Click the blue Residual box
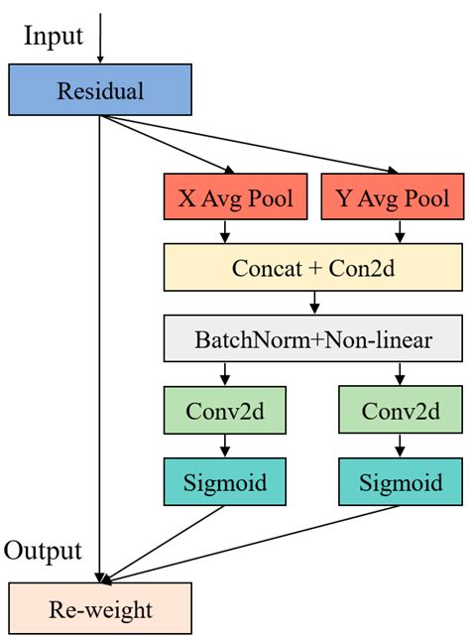click(x=100, y=90)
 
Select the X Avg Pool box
click(x=235, y=197)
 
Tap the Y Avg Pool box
click(x=393, y=197)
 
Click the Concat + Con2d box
click(x=312, y=267)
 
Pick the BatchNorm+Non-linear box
click(x=312, y=340)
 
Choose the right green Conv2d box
click(x=401, y=410)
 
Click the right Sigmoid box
click(x=401, y=482)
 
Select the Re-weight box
click(x=100, y=608)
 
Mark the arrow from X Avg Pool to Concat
click(x=227, y=231)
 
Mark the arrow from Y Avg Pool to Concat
click(x=400, y=231)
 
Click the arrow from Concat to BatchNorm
click(x=314, y=303)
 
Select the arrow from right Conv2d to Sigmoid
click(x=400, y=446)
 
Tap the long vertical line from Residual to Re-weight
click(x=100, y=347)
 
